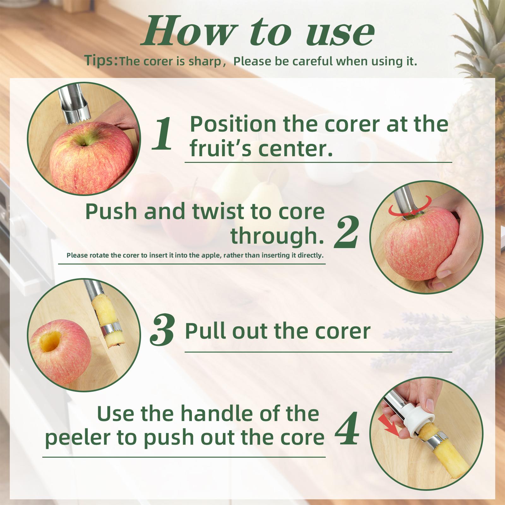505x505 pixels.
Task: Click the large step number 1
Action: point(163,133)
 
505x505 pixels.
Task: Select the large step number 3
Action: point(162,330)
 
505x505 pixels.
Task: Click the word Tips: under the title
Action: point(101,61)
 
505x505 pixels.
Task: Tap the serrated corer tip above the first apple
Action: point(76,120)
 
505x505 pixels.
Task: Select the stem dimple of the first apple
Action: point(83,144)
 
